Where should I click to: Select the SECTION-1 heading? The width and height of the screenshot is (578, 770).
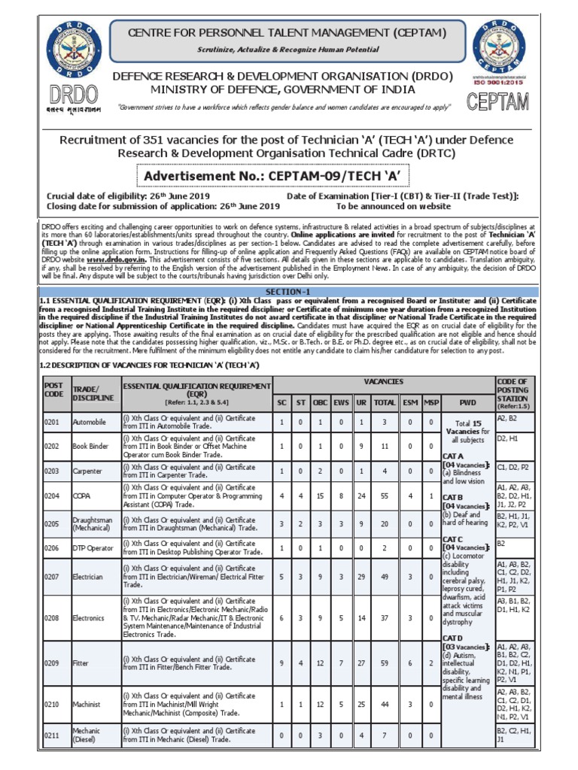click(x=288, y=291)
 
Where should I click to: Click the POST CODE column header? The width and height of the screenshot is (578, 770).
click(x=54, y=389)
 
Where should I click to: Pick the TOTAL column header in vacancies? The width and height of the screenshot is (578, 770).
click(x=385, y=402)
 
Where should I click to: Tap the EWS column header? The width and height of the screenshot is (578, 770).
click(x=341, y=402)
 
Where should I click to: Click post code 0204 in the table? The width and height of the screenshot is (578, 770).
click(x=53, y=496)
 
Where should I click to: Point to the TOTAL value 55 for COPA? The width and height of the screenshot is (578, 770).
click(x=385, y=496)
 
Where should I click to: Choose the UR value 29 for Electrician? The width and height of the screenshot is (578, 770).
click(x=361, y=576)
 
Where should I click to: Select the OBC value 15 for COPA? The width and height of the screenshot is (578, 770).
click(x=319, y=496)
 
